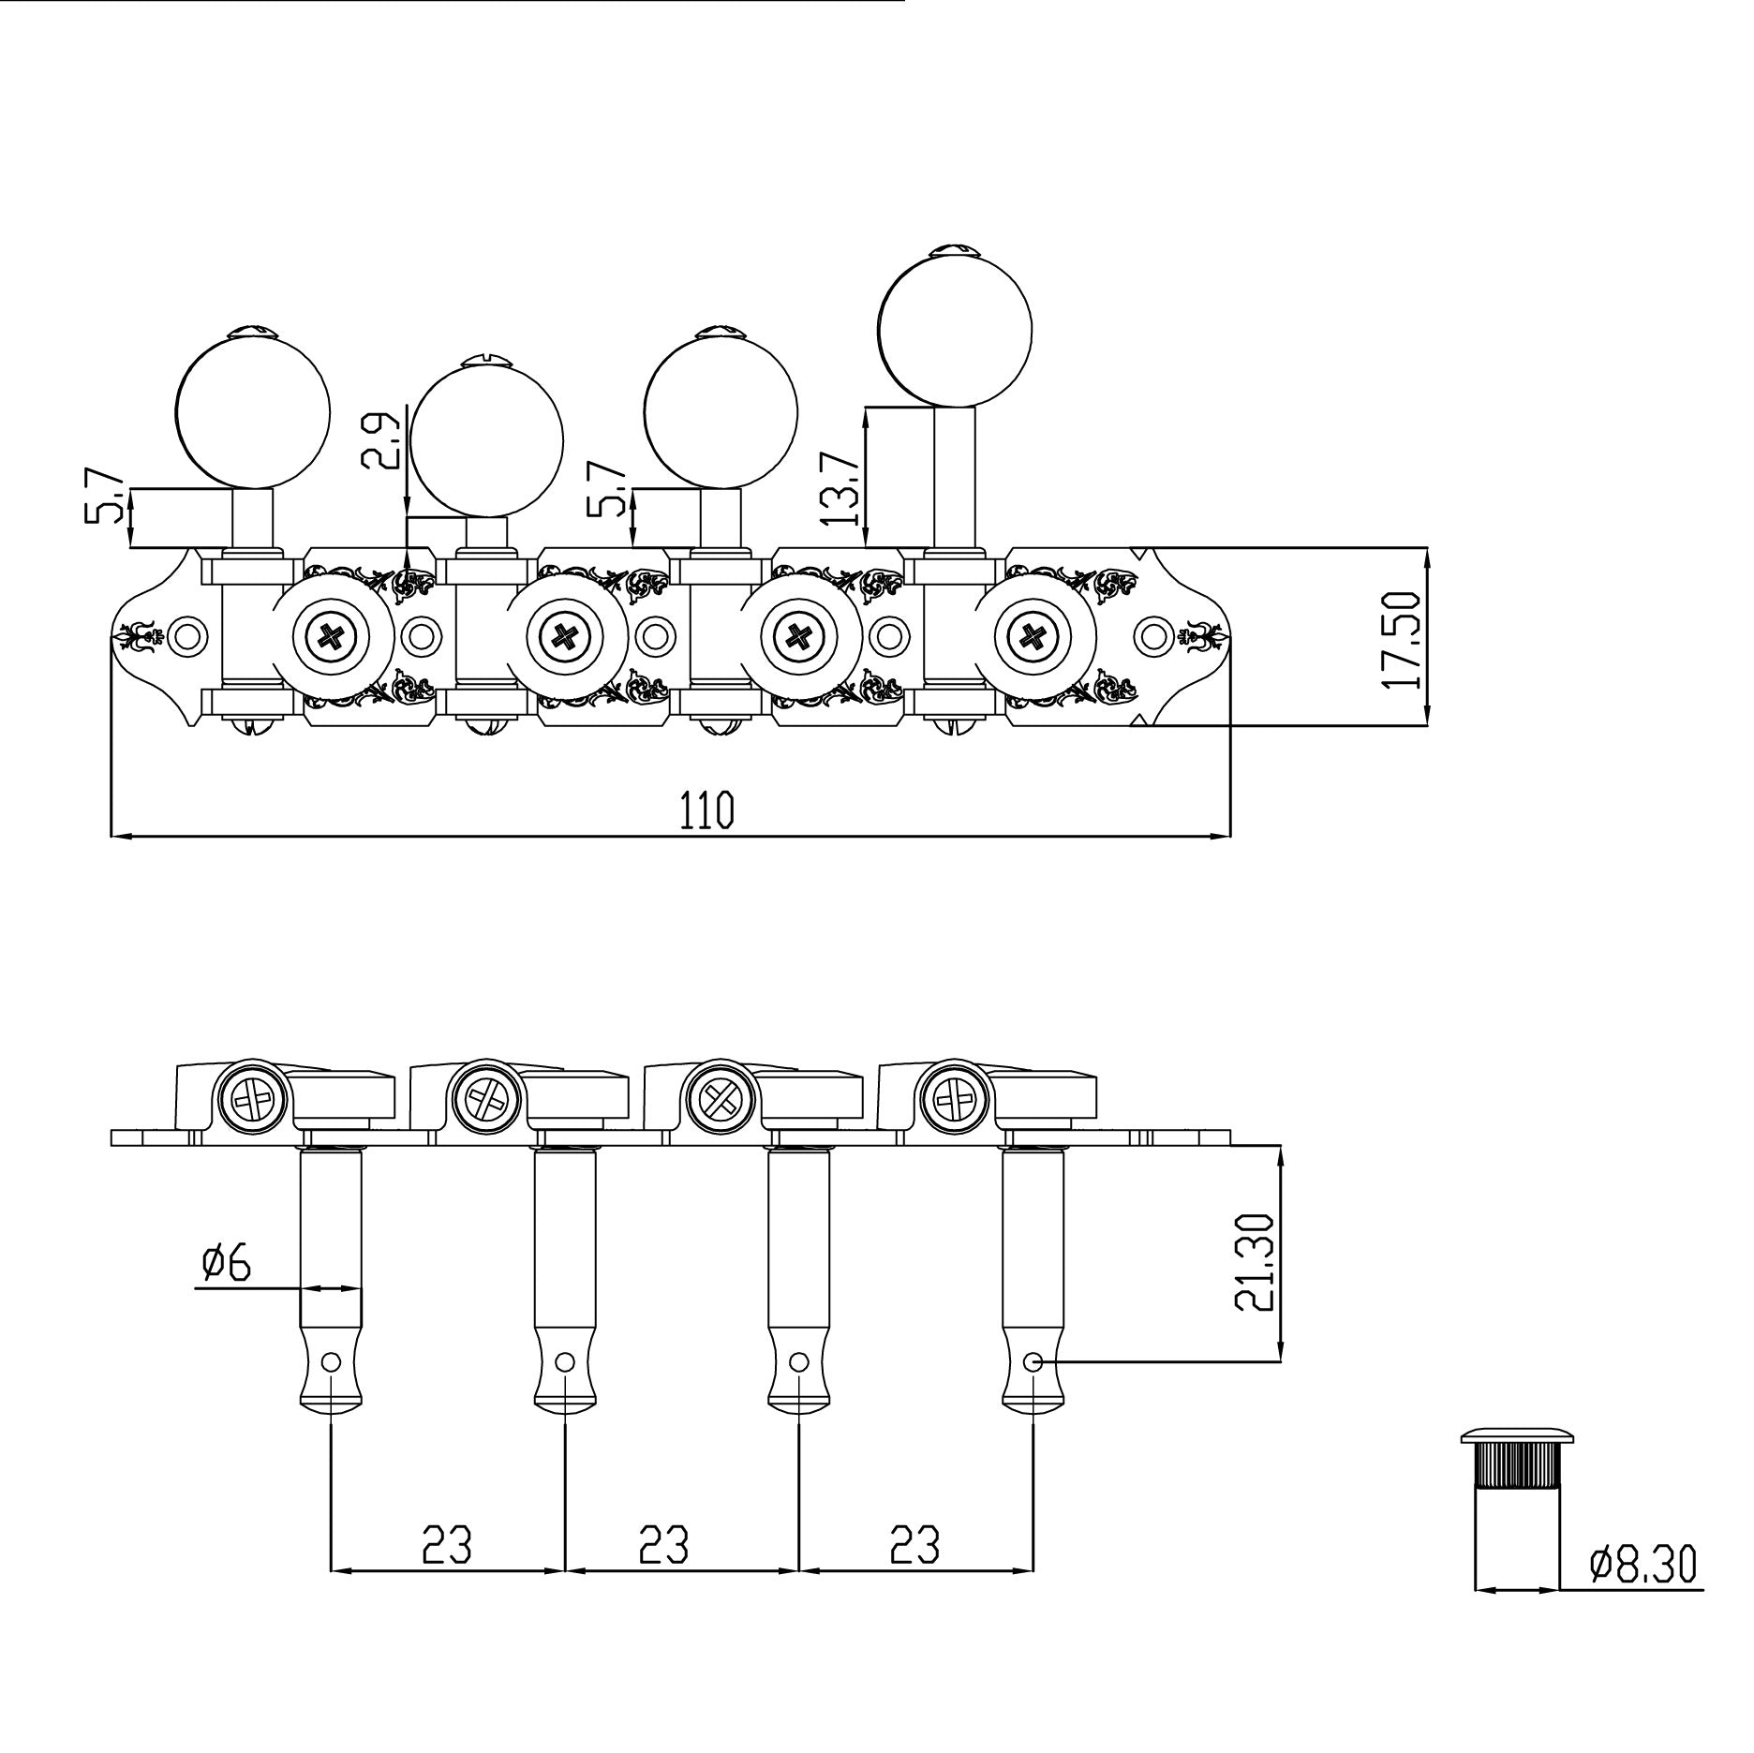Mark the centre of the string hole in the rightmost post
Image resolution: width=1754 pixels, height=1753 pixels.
point(1033,1361)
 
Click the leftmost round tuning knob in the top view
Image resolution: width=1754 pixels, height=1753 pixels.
point(253,411)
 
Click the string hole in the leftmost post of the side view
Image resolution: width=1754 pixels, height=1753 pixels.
point(331,1361)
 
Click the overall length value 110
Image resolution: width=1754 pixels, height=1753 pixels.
point(706,810)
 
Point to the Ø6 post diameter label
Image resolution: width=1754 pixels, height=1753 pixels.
point(227,1263)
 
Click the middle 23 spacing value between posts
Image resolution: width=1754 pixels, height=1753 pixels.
point(663,1545)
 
